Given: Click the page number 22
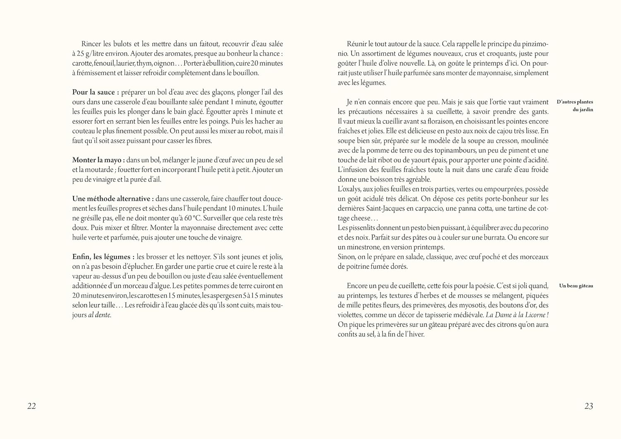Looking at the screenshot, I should point(32,406).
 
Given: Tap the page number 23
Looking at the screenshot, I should point(589,406).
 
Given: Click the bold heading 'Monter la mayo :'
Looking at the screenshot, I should point(99,160).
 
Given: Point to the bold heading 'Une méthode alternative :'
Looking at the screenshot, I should point(113,199).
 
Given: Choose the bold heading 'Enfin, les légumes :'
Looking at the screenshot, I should point(103,257).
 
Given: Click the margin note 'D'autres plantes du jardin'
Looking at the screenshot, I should point(575,106).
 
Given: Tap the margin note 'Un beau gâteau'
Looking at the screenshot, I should point(576,286).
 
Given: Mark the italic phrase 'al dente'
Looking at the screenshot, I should point(99,315).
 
